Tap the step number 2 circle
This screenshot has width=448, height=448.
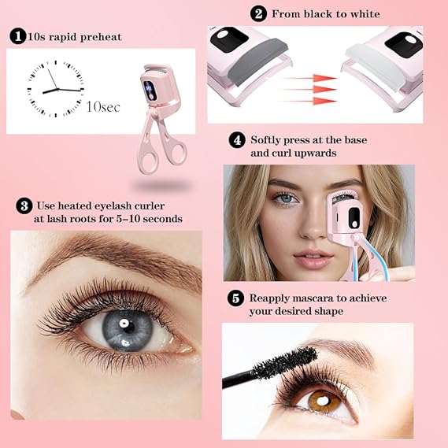pyautogui.click(x=258, y=13)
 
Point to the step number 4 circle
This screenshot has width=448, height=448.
pyautogui.click(x=236, y=140)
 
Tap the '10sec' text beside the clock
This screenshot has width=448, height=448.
pyautogui.click(x=103, y=106)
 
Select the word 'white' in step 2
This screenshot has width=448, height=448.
pyautogui.click(x=362, y=14)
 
